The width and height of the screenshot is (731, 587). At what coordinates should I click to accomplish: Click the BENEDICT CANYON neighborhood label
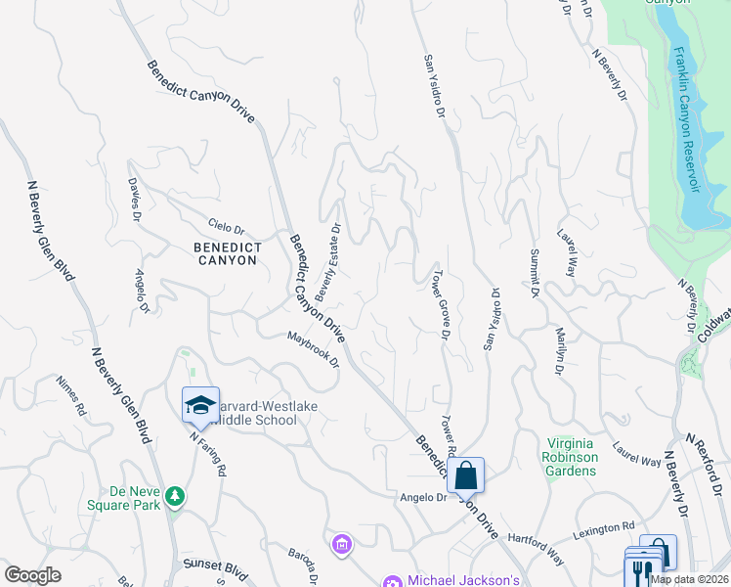tap(225, 253)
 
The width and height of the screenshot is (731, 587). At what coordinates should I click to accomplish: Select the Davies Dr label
tap(135, 201)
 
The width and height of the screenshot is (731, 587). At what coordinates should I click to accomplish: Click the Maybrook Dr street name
tap(313, 349)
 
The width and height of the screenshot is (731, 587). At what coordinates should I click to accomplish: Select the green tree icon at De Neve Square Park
tap(175, 496)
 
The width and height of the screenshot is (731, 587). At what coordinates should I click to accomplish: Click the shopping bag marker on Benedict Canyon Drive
tap(466, 476)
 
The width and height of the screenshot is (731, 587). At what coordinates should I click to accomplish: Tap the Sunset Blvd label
tap(215, 565)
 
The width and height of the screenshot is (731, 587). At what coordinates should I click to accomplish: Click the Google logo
tap(33, 574)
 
